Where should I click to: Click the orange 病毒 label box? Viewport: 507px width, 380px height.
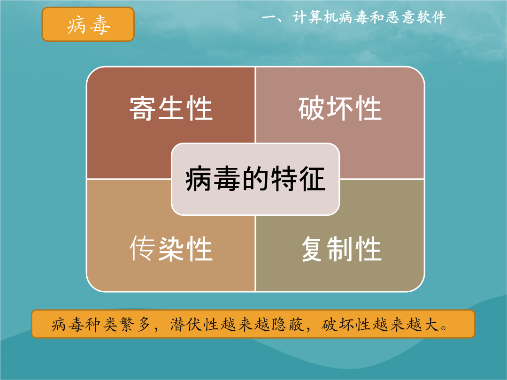click(88, 24)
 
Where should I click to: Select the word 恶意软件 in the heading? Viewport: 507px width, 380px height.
click(415, 17)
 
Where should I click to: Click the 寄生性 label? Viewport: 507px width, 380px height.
click(171, 108)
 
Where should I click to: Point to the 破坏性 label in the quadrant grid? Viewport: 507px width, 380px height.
click(340, 108)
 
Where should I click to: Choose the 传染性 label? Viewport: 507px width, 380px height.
click(171, 249)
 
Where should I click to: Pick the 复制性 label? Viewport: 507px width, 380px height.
click(341, 249)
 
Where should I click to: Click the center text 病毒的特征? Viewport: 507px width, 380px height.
click(255, 179)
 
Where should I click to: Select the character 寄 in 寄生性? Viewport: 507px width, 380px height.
click(143, 108)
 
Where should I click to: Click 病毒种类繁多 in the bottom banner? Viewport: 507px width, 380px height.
click(100, 324)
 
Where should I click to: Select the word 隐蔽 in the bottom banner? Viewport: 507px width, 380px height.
click(287, 324)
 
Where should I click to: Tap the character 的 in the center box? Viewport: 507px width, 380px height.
click(255, 179)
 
